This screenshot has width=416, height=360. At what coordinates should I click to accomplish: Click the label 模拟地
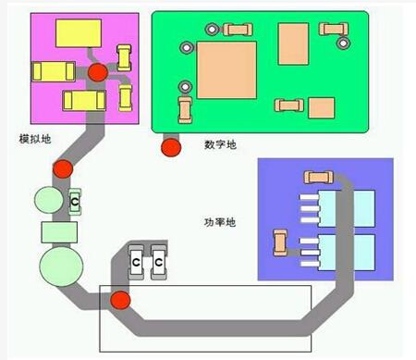35,139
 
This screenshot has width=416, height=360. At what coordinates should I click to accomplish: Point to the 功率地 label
219,223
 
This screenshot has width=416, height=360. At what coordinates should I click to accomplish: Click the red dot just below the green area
170,145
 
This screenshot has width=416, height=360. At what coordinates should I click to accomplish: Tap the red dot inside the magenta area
96,73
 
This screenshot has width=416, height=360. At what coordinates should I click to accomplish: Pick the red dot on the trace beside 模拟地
63,169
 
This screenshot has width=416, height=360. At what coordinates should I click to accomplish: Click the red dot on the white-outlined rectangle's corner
119,301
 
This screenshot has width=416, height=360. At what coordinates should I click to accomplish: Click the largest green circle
62,264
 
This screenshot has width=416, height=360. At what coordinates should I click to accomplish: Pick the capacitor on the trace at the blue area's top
317,176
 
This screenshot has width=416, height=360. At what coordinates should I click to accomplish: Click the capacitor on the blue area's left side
279,243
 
